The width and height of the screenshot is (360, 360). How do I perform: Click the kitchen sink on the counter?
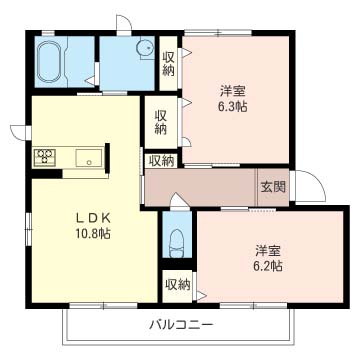click(87, 156)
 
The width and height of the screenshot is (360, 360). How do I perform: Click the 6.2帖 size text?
click(266, 266)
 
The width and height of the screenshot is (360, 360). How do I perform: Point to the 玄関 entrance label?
click(273, 186)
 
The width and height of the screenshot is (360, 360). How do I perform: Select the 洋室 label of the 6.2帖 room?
click(266, 249)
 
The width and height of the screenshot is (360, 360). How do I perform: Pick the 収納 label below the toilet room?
click(176, 285)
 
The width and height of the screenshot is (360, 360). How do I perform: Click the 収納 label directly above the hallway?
click(160, 160)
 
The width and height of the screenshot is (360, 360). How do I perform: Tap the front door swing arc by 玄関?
click(304, 187)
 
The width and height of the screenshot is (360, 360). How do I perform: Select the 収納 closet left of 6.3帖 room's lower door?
click(160, 122)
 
